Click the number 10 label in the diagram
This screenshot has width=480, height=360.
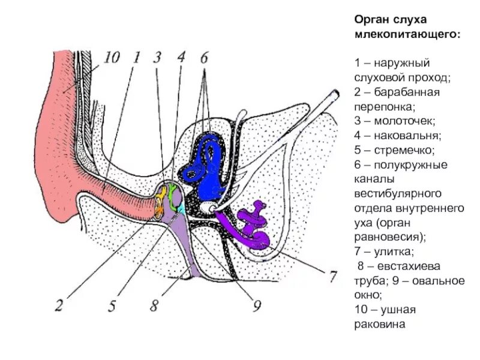[x=111, y=58]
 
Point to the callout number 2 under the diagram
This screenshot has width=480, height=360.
[x=59, y=305]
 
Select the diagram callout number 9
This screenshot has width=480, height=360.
[x=257, y=306]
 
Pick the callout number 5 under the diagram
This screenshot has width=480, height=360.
[x=112, y=306]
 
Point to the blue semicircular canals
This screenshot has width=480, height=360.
[x=207, y=162]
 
